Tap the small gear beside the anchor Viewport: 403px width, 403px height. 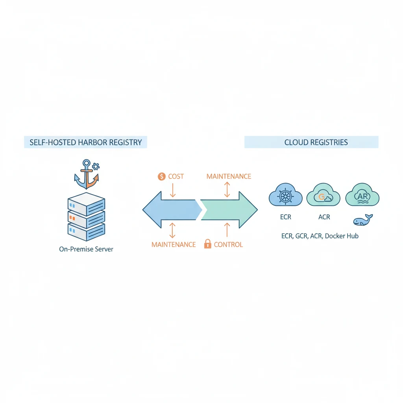pos(95,166)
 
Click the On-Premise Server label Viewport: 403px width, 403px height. pos(86,249)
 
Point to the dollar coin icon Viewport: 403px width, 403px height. pos(161,176)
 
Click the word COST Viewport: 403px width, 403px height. pos(176,176)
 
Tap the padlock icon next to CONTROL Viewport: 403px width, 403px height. pos(207,244)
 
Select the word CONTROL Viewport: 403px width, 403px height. pos(228,244)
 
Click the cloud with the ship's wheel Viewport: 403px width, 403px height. pos(285,196)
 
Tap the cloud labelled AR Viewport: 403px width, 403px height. pos(362,196)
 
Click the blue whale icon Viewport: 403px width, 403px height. pos(362,221)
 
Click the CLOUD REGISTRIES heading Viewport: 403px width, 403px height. pos(316,142)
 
